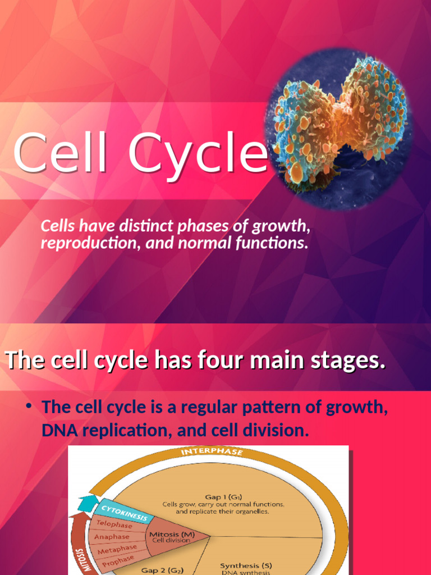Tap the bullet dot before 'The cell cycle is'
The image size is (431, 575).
coord(27,406)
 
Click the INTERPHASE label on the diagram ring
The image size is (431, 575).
coord(211,452)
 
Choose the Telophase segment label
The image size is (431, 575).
coord(114,525)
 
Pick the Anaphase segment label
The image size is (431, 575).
coord(111,537)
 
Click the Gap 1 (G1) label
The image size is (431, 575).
coord(223,496)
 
